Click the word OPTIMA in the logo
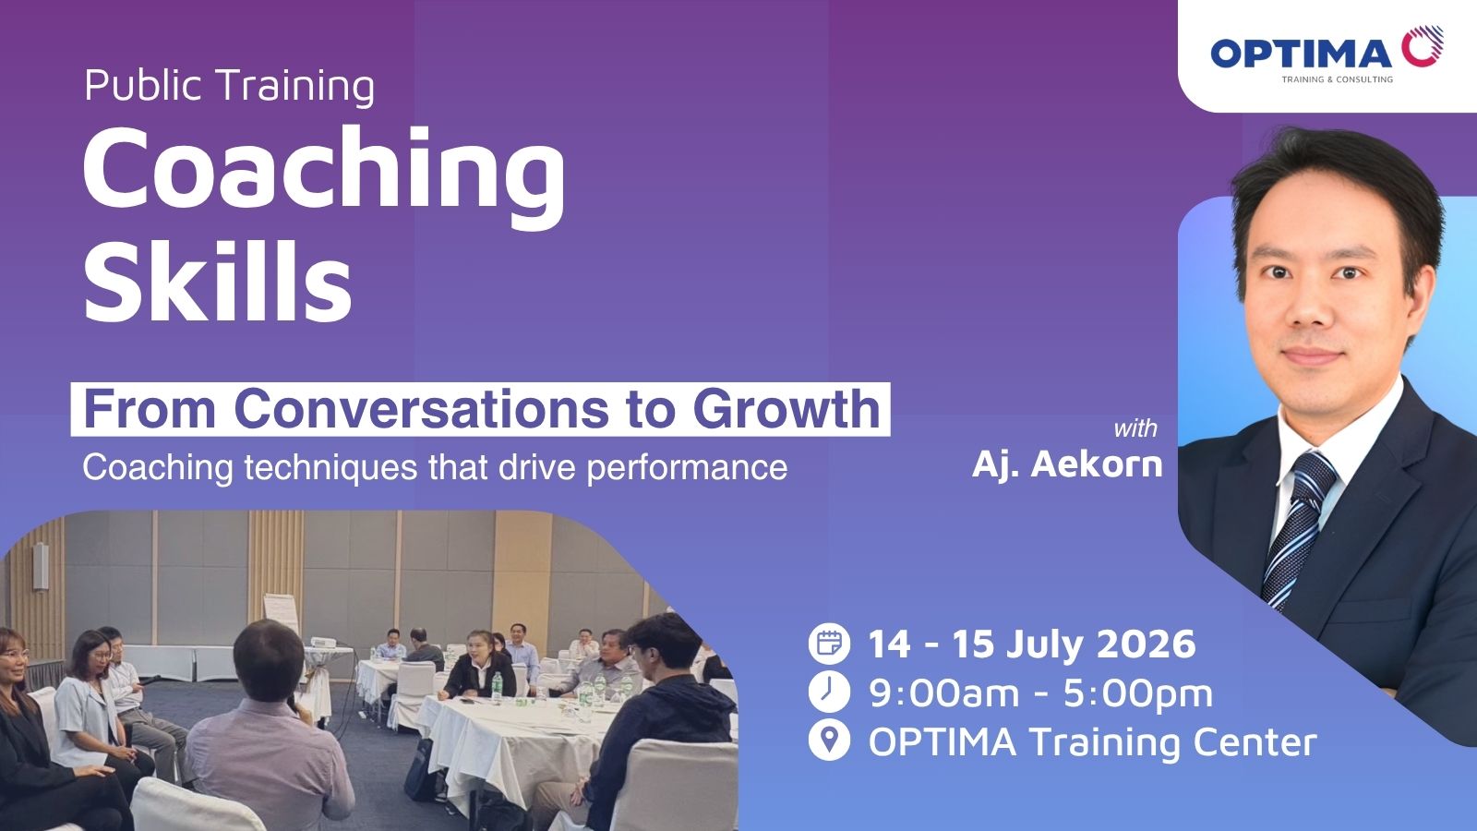tap(1301, 53)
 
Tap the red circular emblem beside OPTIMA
tap(1423, 46)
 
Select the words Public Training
tap(230, 87)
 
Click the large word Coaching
tap(324, 175)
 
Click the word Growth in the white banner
tap(786, 409)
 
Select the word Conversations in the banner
tap(421, 410)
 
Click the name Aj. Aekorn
tap(1067, 464)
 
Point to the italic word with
tap(1135, 428)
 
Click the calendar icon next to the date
tap(829, 643)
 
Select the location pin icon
tap(829, 741)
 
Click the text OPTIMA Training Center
tap(1093, 742)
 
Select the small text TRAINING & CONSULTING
tap(1338, 79)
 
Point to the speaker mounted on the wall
tap(41, 566)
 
